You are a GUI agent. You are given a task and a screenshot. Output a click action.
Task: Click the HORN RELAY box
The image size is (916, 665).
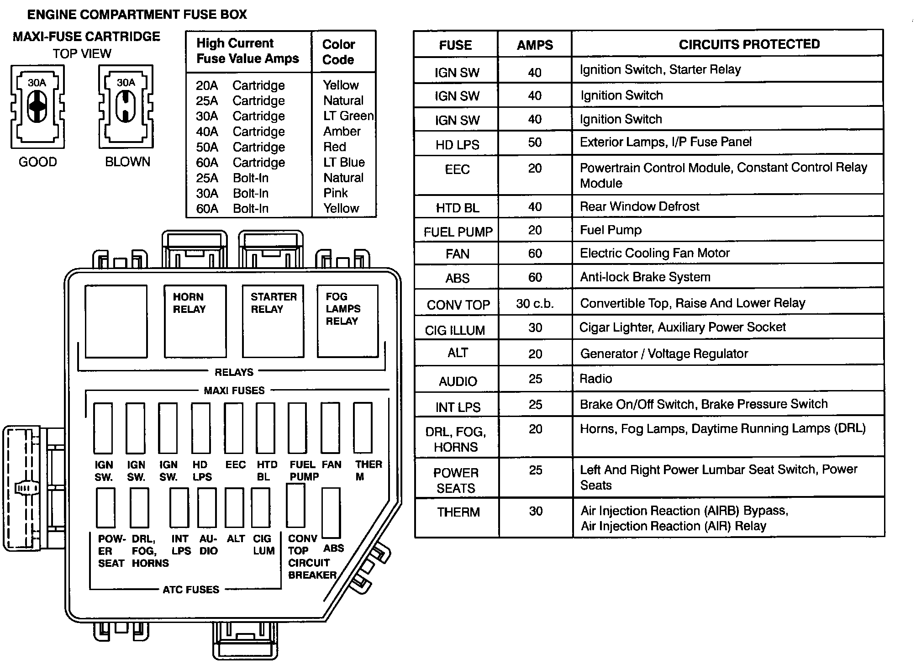point(195,321)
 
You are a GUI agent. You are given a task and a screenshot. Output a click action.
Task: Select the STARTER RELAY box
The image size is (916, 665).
point(273,321)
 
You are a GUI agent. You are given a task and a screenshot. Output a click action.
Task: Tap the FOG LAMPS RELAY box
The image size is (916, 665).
point(347,321)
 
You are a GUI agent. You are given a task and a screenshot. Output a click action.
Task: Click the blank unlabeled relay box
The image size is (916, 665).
point(116,321)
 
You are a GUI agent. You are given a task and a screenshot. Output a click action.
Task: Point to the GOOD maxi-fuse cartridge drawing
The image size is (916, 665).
point(37,107)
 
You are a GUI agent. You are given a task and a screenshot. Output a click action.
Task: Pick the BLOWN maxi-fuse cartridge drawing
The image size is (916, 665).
point(126,107)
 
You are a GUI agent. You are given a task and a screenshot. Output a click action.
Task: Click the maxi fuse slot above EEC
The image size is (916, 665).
point(233,428)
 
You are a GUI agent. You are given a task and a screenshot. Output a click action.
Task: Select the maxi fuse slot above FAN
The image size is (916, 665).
point(330,428)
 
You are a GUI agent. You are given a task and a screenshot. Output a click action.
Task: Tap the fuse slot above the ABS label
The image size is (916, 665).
point(331,512)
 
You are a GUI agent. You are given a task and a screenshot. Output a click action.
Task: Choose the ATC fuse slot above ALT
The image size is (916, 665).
point(234,507)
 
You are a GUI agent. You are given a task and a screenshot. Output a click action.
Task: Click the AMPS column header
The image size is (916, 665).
point(535,45)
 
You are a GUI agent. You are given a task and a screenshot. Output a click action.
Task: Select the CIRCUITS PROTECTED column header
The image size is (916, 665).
point(749,44)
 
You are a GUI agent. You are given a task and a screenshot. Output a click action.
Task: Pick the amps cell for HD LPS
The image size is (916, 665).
point(535,142)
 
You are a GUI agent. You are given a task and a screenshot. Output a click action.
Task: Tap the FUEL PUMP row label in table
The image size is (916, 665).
point(458,232)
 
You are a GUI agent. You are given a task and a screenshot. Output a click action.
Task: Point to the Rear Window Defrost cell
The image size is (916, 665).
point(639,206)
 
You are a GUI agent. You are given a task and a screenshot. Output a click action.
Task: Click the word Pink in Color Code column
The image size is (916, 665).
point(336,193)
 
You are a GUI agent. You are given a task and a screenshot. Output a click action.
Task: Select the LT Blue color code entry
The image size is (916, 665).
point(344,163)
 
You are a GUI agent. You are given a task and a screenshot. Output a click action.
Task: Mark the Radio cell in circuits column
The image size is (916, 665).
point(595,379)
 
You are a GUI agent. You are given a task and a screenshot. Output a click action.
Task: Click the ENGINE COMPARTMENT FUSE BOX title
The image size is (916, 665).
point(137,15)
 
